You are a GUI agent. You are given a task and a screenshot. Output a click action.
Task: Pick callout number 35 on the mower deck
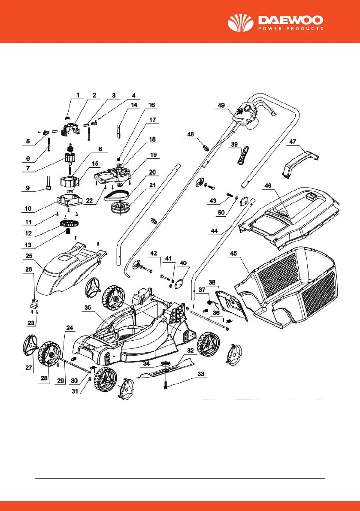coord(88,308)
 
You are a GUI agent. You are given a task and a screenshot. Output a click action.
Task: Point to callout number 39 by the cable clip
coord(234,145)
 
